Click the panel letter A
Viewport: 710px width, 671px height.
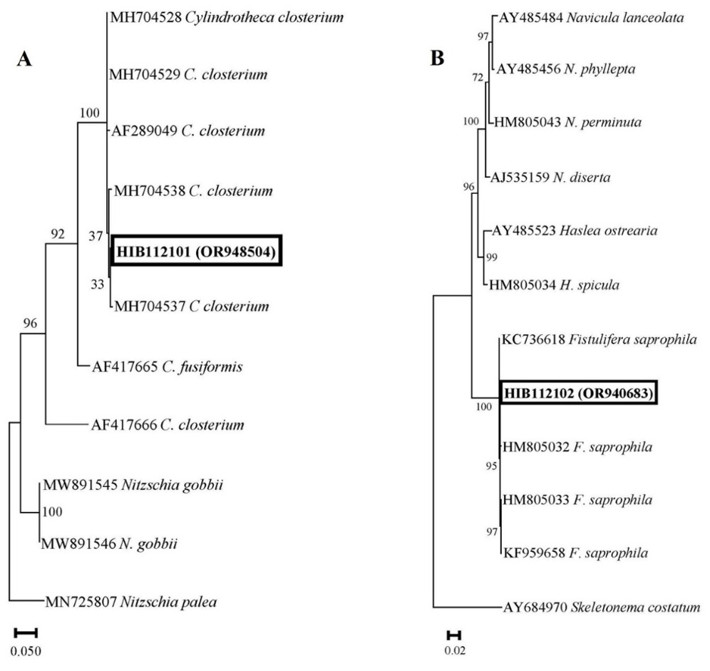(24, 60)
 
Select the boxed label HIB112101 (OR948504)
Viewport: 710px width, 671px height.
(196, 250)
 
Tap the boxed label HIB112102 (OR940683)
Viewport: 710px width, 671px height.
(578, 392)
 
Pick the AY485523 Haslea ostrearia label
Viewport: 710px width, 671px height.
(575, 231)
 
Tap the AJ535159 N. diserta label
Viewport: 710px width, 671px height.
(550, 177)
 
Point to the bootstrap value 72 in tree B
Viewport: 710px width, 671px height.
(477, 76)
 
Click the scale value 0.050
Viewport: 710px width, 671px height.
(26, 649)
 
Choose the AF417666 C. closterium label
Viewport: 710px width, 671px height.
(168, 425)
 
